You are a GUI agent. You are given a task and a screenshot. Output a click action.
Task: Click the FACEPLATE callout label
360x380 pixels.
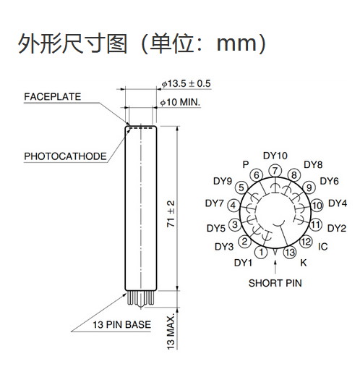[52, 97]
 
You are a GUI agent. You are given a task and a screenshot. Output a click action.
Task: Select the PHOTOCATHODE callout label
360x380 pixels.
[65, 156]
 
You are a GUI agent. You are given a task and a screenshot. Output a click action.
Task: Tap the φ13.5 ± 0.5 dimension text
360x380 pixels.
[187, 84]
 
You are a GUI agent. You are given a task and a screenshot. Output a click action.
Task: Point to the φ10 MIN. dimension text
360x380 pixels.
[181, 102]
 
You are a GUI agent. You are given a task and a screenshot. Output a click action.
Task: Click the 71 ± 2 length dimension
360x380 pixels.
[171, 214]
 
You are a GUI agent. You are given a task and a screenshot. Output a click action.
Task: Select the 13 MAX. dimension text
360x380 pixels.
[171, 332]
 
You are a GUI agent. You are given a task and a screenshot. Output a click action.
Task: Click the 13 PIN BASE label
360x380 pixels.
[121, 325]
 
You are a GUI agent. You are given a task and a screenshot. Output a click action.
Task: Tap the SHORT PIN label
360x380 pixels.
[275, 283]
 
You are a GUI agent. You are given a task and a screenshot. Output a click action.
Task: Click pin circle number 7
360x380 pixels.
[275, 171]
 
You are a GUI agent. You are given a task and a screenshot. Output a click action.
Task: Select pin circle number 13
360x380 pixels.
[290, 253]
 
